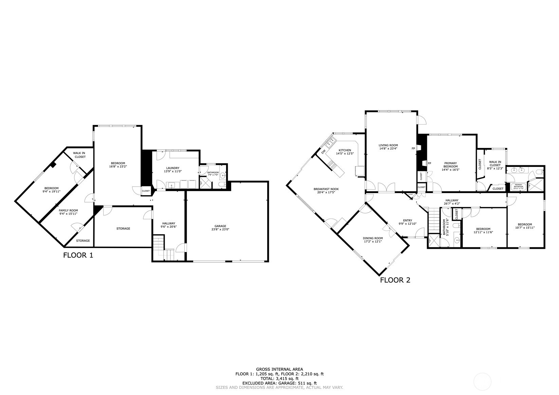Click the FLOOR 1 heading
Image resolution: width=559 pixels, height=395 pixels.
click(x=78, y=255)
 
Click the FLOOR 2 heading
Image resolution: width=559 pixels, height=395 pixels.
click(x=395, y=280)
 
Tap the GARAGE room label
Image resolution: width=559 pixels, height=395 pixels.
click(x=220, y=226)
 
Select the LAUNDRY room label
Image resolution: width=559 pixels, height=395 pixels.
click(x=172, y=168)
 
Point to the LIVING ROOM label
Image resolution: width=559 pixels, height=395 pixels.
click(x=388, y=145)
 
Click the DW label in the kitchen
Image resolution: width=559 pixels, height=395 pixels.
click(x=323, y=151)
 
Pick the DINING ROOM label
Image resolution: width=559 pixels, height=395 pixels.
click(x=373, y=238)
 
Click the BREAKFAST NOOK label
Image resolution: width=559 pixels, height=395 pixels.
click(x=326, y=189)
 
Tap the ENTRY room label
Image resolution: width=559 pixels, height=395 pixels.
click(x=407, y=221)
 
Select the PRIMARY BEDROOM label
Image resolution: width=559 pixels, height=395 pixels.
click(x=450, y=165)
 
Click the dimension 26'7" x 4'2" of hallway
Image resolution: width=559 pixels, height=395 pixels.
click(x=452, y=204)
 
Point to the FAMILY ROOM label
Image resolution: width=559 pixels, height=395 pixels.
click(x=68, y=210)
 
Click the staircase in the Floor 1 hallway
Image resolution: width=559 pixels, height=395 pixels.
click(x=163, y=248)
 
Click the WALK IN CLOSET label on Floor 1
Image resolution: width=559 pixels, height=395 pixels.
click(x=79, y=155)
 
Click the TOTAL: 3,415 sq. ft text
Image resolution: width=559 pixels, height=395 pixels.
click(x=279, y=378)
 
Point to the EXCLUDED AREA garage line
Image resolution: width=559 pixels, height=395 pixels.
click(x=279, y=383)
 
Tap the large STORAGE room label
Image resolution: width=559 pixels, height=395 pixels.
click(x=123, y=228)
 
